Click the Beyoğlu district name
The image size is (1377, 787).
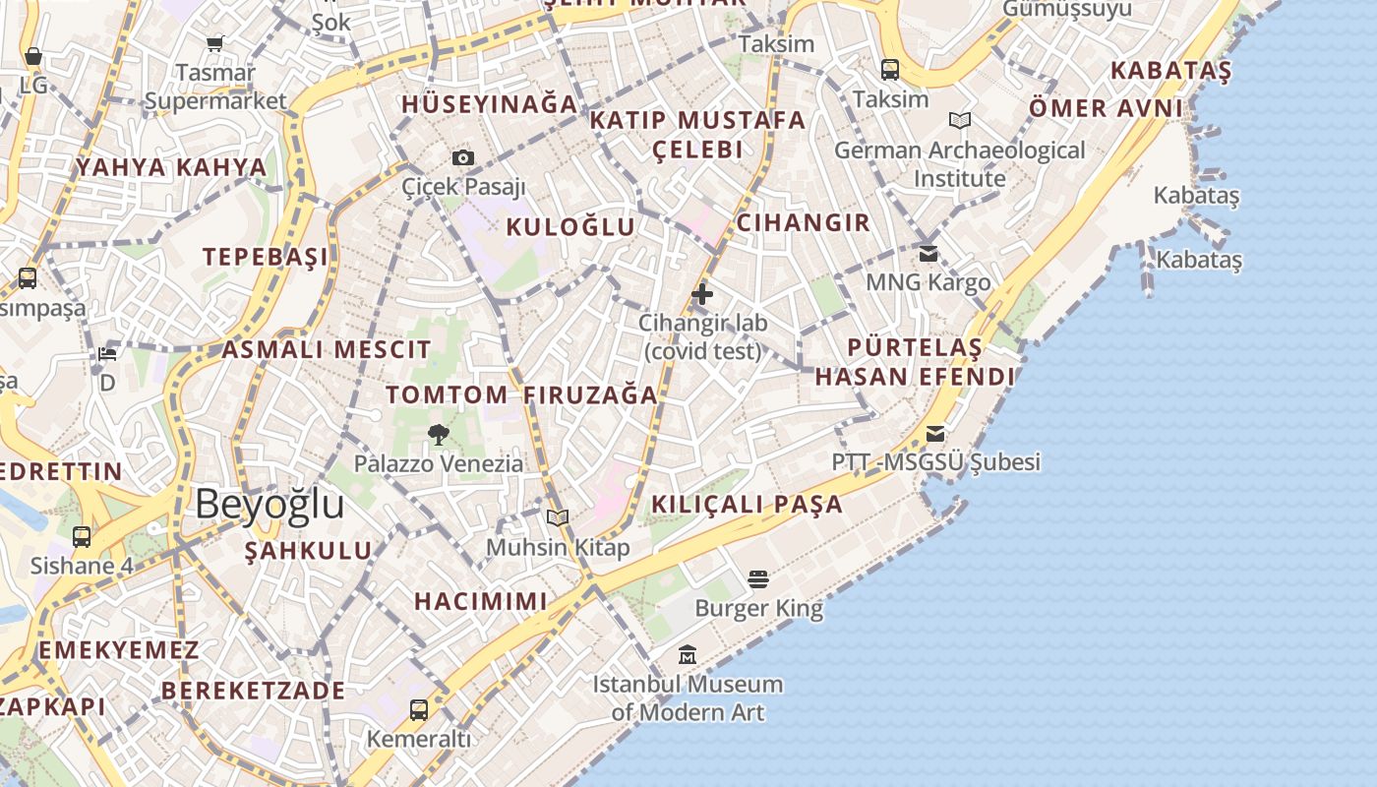coord(269,504)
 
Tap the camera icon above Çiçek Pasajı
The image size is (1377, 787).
coord(463,157)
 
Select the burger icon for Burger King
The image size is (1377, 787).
coord(757,578)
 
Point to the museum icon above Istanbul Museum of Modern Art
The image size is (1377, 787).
coord(688,654)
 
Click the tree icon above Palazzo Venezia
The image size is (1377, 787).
coord(439,434)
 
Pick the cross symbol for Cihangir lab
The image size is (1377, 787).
coord(702,293)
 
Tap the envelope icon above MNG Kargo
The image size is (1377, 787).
coord(928,253)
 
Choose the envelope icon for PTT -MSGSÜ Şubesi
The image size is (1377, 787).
coord(935,433)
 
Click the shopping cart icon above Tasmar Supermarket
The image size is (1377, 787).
coord(215,43)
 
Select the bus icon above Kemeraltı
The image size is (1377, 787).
coord(419,709)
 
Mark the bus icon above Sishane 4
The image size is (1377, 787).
coord(82,537)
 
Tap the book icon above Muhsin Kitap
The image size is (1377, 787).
coord(558,517)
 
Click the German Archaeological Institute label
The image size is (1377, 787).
coord(960,164)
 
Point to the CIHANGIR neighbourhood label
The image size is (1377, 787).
coord(804,222)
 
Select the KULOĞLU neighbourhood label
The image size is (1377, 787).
coord(570,227)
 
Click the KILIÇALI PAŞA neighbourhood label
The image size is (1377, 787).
coord(748,505)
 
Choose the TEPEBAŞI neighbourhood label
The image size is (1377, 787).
coord(266,257)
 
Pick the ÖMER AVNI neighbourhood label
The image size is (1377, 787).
coord(1106,107)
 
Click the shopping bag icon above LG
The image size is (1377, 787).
coord(33,56)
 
